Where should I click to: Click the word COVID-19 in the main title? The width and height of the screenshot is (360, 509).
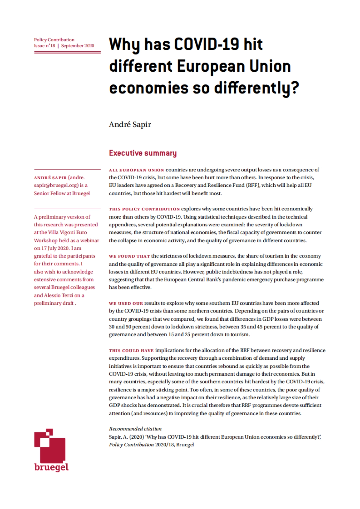click(x=207, y=44)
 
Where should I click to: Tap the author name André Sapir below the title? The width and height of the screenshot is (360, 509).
click(x=130, y=124)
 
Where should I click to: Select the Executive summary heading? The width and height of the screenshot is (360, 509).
click(x=142, y=153)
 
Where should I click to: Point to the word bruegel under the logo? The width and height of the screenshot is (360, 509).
click(x=51, y=467)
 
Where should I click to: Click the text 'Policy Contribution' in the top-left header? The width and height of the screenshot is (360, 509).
click(x=54, y=40)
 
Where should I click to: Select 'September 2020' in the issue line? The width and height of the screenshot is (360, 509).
click(x=78, y=46)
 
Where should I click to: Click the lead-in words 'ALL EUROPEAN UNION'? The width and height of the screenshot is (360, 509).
click(x=136, y=170)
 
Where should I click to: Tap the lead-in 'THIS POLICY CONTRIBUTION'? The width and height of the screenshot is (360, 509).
click(x=144, y=209)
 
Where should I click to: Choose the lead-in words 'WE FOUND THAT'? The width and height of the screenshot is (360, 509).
click(x=129, y=256)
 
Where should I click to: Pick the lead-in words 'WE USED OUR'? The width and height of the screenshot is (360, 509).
click(x=126, y=303)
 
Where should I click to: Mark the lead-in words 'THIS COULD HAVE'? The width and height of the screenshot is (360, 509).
click(x=131, y=350)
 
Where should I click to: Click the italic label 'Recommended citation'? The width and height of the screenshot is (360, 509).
click(x=135, y=429)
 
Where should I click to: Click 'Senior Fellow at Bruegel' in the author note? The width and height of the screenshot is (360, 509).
click(x=62, y=193)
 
